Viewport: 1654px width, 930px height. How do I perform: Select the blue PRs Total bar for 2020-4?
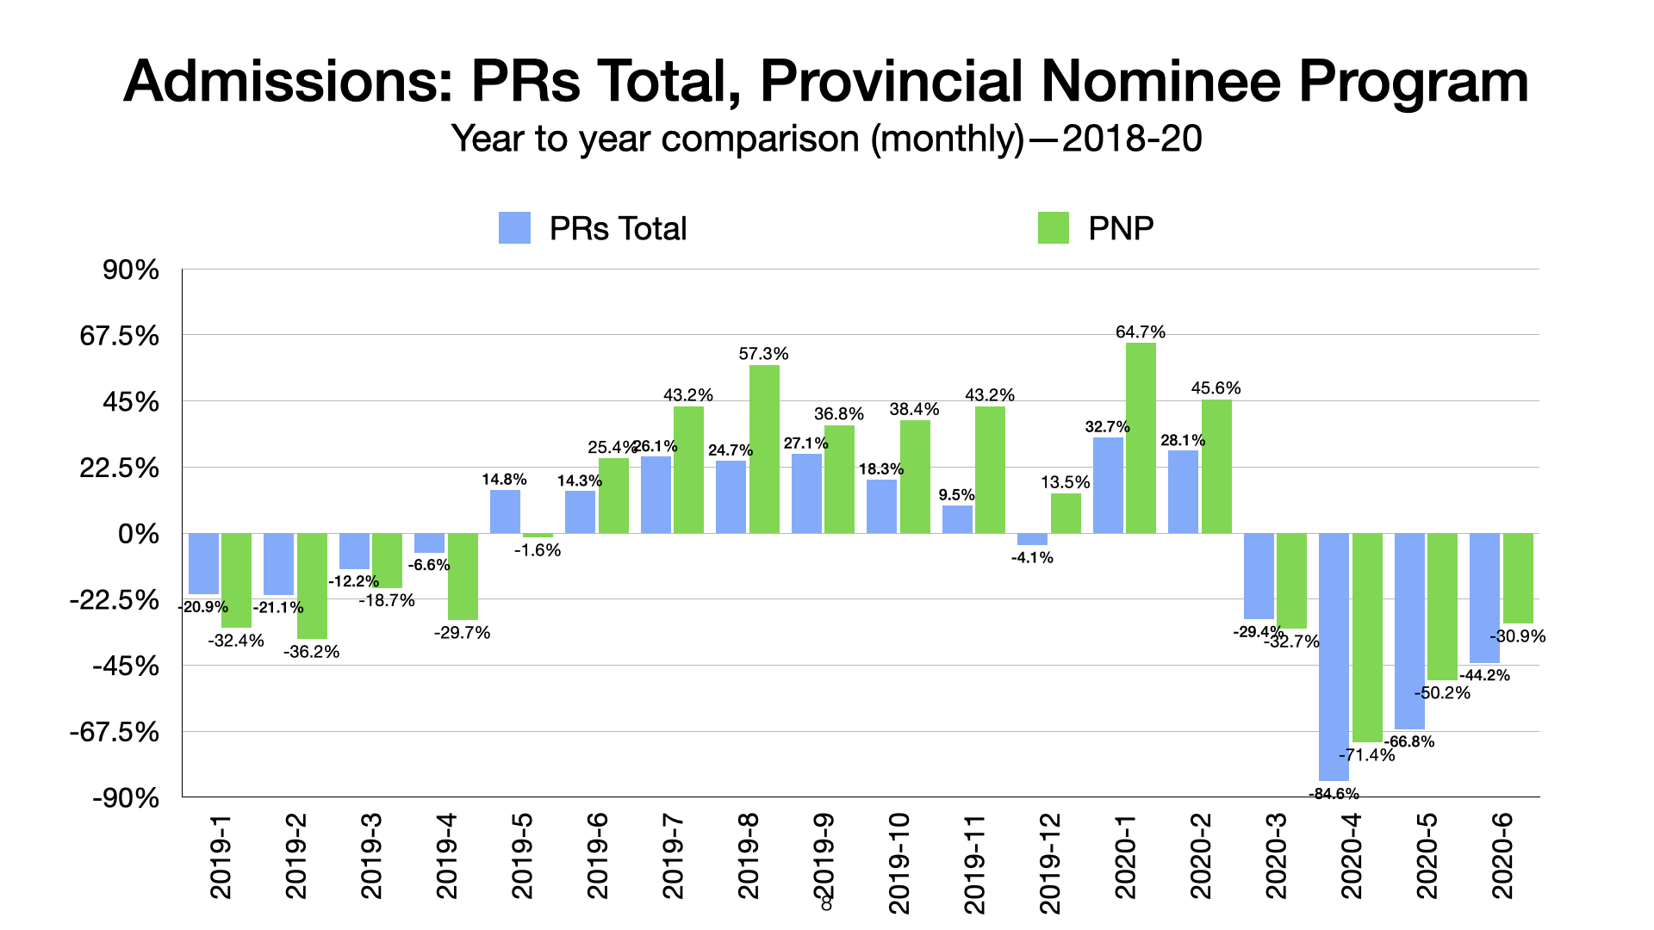(1334, 656)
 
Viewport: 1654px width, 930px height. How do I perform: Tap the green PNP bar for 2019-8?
(764, 449)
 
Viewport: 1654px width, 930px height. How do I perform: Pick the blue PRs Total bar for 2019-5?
(505, 512)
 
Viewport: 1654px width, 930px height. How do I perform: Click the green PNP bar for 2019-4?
(463, 576)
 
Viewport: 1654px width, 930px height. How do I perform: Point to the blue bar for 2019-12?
(1032, 539)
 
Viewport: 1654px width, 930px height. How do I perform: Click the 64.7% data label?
(1141, 332)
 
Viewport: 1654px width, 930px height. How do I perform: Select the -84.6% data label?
(1334, 793)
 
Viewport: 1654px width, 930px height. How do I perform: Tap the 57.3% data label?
(763, 354)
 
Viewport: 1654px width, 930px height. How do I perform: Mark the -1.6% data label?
(538, 550)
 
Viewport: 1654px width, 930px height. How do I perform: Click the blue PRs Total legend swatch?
(514, 228)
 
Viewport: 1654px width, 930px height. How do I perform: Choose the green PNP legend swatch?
(1053, 228)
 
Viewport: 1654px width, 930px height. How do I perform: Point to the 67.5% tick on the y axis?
(120, 336)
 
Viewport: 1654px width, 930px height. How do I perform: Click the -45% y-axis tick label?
(126, 666)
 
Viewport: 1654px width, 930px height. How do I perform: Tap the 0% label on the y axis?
(139, 535)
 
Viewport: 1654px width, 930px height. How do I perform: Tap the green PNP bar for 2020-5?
(1442, 606)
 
